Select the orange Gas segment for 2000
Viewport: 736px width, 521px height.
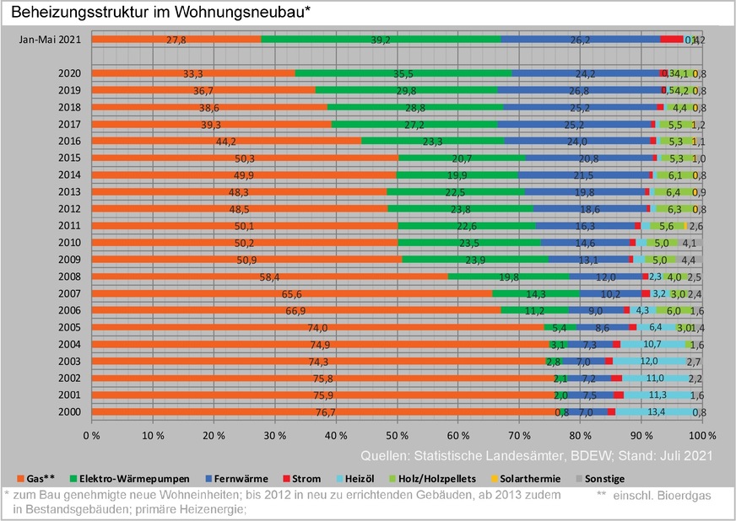pos(321,412)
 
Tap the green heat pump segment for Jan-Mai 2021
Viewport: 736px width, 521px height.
pos(381,40)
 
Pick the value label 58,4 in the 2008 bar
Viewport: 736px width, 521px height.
pos(269,277)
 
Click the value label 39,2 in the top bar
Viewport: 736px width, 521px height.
pos(381,40)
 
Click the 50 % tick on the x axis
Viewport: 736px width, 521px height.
pos(397,437)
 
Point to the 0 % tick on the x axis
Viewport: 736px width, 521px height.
pos(91,437)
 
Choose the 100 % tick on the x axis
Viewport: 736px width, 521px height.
pos(700,437)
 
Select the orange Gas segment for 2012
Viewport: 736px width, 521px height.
pos(239,208)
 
